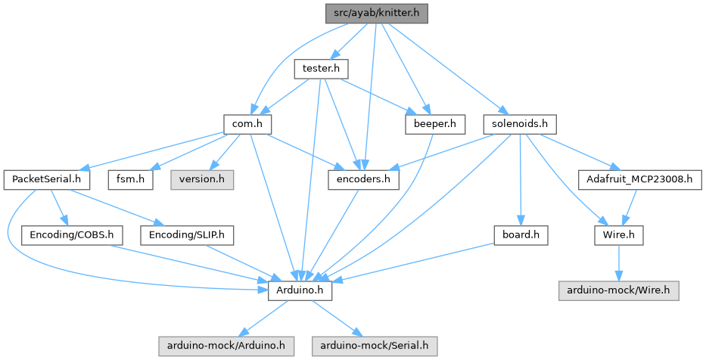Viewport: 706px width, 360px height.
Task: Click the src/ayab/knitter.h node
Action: point(377,13)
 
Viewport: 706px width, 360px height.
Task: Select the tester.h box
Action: point(319,68)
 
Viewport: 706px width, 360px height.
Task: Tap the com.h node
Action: point(247,123)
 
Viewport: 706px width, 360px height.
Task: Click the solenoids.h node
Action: point(520,123)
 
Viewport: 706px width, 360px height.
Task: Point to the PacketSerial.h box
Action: point(47,179)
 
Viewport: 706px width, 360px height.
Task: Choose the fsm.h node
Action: point(130,179)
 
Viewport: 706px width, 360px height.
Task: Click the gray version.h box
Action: point(202,179)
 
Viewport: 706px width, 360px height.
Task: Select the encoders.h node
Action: point(363,179)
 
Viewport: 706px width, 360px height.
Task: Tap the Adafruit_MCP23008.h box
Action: point(640,179)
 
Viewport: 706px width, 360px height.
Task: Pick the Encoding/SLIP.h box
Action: point(187,235)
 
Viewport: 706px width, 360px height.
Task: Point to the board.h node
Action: point(520,235)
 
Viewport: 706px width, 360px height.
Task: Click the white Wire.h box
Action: point(619,235)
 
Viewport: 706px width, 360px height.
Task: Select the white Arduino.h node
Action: point(300,290)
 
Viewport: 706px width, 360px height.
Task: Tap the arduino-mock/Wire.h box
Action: point(619,290)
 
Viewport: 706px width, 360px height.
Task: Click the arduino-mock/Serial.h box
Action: point(373,346)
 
